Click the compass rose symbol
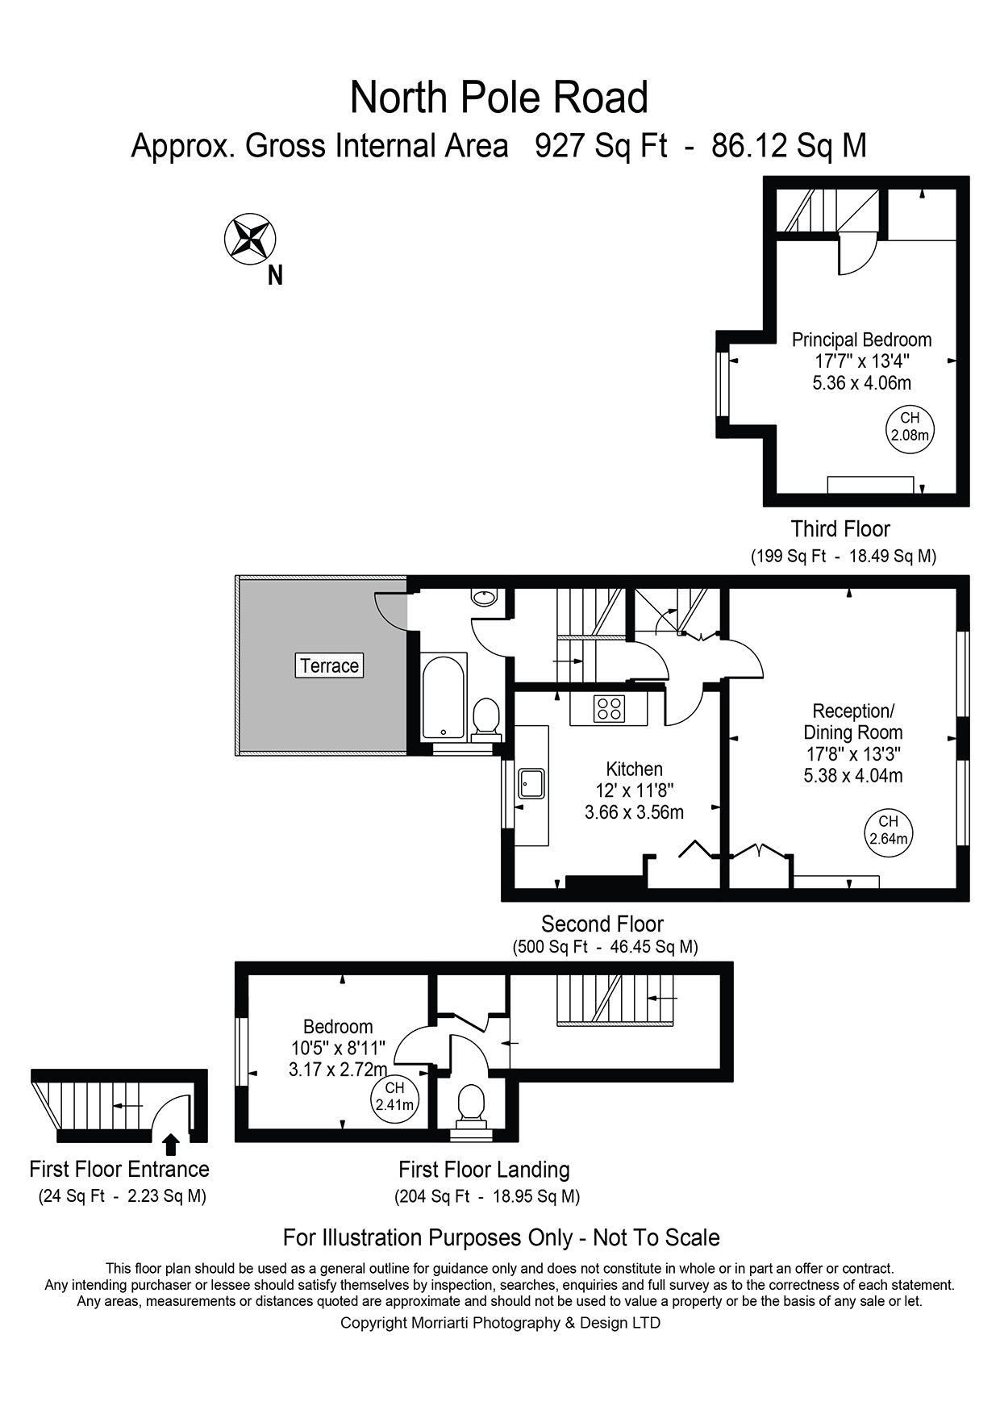(250, 239)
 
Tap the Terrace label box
(329, 665)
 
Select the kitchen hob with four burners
(609, 708)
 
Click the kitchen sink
(531, 782)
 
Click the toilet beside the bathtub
(485, 717)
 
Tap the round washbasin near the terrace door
(484, 598)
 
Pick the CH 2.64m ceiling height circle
(888, 830)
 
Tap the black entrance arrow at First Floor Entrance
(170, 1144)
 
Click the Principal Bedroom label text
(861, 340)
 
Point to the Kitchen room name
(634, 769)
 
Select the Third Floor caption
(840, 529)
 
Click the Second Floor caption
(602, 924)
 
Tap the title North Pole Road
(499, 98)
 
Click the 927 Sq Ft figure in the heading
(601, 146)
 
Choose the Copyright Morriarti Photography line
(500, 1323)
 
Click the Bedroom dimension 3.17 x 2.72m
(337, 1070)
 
